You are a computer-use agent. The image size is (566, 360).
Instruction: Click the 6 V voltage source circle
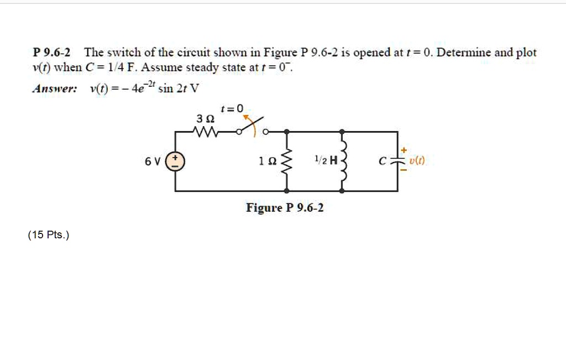(176, 161)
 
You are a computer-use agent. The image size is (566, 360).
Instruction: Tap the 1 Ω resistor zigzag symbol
(286, 161)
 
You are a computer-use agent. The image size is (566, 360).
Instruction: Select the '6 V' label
(153, 161)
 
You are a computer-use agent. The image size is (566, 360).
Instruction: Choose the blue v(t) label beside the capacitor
(417, 161)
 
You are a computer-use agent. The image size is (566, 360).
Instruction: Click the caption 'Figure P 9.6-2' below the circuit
(285, 208)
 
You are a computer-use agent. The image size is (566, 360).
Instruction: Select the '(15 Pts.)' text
(49, 235)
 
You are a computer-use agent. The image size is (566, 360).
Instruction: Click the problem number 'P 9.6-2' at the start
(51, 53)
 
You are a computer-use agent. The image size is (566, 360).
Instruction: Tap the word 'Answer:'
(55, 89)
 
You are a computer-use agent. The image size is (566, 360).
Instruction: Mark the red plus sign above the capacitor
(403, 150)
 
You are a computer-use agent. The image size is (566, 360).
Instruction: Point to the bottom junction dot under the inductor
(343, 191)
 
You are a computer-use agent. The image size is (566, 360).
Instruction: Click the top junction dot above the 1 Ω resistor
(286, 132)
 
